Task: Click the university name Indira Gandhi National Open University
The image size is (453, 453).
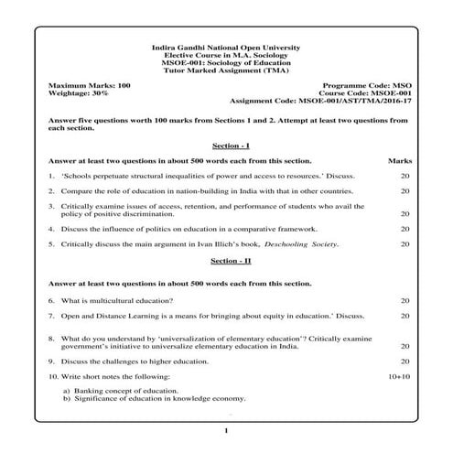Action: [226, 47]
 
